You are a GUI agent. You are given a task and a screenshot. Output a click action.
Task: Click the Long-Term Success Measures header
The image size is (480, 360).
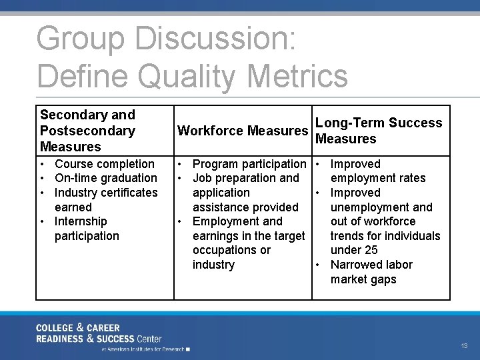378,131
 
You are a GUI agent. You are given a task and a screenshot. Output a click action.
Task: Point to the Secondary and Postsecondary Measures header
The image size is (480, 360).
87,131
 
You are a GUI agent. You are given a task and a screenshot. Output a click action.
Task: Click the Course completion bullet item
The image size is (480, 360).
104,164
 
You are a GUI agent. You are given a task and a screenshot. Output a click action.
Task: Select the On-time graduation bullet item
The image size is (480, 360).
105,178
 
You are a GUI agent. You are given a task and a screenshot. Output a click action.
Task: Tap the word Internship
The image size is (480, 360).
81,221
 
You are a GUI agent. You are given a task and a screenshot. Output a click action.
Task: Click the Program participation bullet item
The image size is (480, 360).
249,164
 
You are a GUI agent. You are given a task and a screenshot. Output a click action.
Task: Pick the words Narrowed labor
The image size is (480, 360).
371,265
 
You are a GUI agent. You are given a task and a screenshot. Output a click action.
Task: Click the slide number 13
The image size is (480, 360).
464,345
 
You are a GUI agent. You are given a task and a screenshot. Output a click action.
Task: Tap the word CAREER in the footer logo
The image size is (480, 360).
103,328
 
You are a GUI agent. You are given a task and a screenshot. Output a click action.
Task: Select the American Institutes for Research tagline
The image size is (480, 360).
143,349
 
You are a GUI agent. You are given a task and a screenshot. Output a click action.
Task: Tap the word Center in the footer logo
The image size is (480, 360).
147,339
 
